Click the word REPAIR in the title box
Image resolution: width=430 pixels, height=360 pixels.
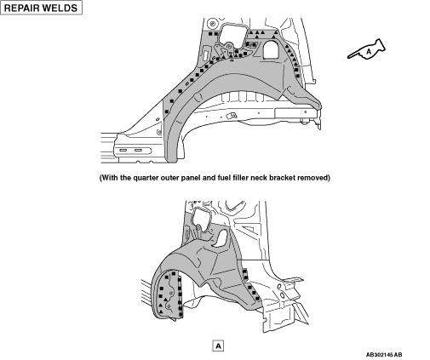pos(21,8)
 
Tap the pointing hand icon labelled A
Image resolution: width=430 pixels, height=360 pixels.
pos(367,49)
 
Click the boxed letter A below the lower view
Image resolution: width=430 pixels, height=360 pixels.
pos(218,346)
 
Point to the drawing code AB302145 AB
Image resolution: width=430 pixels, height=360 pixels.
pos(384,355)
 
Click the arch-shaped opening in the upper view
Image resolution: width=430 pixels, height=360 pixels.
pos(271,49)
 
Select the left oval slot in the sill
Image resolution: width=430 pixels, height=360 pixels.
pos(123,150)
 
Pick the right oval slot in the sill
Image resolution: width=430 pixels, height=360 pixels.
pos(138,150)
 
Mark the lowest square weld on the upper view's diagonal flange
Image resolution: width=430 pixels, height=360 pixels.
pos(167,111)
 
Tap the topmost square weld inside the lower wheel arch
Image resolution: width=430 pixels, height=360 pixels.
pos(174,274)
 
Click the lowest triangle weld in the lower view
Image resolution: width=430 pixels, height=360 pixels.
pos(161,311)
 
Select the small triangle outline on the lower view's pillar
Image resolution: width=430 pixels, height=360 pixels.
pos(249,230)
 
